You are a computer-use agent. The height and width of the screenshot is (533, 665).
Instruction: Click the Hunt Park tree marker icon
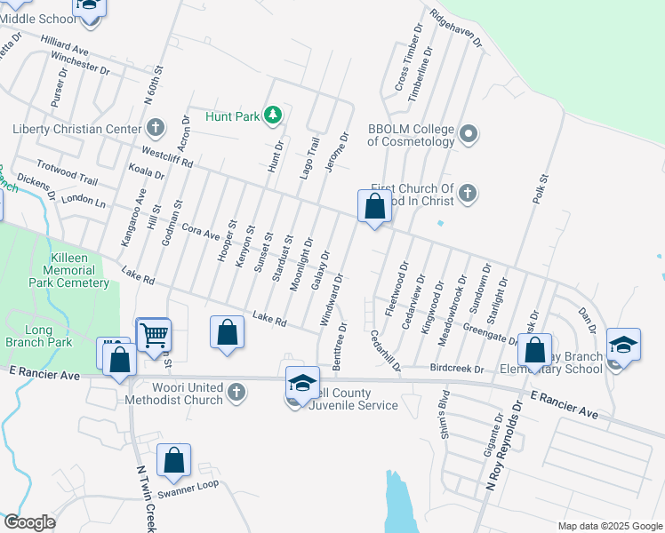pyautogui.click(x=273, y=115)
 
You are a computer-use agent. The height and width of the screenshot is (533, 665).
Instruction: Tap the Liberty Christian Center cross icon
pyautogui.click(x=156, y=128)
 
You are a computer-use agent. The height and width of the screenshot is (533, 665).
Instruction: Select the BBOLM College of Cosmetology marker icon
pyautogui.click(x=469, y=134)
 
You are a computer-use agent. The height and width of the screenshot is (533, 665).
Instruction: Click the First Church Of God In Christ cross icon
pyautogui.click(x=468, y=193)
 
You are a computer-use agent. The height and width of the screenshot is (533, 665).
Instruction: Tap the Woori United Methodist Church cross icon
pyautogui.click(x=236, y=391)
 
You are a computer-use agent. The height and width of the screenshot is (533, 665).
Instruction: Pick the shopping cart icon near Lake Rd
pyautogui.click(x=154, y=336)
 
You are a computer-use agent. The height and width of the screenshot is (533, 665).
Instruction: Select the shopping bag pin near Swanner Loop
pyautogui.click(x=173, y=461)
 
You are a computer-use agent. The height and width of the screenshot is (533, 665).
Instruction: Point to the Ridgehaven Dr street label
pyautogui.click(x=455, y=28)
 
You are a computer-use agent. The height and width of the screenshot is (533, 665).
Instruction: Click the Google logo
pyautogui.click(x=29, y=521)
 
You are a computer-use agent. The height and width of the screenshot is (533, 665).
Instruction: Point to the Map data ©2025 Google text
pyautogui.click(x=609, y=526)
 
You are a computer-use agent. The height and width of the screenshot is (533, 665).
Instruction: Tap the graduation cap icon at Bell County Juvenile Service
pyautogui.click(x=302, y=382)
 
